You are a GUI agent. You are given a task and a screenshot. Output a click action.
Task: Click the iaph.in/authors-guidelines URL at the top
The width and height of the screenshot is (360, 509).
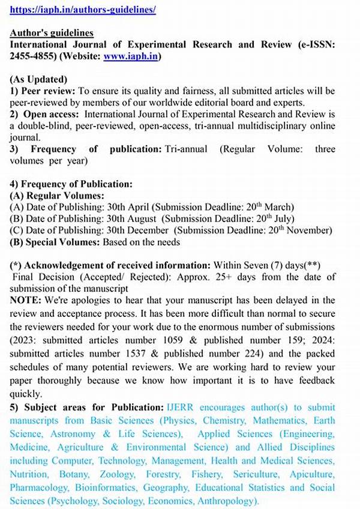(83, 10)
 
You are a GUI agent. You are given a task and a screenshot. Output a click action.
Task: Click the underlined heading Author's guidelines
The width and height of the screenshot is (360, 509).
(52, 32)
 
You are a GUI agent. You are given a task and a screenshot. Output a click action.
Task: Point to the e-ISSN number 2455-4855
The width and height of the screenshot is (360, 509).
(31, 56)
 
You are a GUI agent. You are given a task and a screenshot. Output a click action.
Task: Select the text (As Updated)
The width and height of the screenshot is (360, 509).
(38, 79)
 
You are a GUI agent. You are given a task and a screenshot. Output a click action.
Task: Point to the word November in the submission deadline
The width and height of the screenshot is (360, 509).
(308, 231)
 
